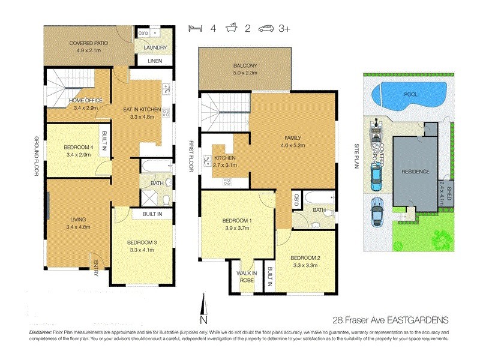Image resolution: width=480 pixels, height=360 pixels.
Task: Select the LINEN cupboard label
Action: click(x=155, y=61)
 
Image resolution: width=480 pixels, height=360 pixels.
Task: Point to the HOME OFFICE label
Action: click(x=86, y=100)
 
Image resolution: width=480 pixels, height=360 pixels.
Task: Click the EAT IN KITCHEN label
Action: click(x=142, y=109)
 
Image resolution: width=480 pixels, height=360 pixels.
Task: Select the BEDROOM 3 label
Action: click(x=142, y=242)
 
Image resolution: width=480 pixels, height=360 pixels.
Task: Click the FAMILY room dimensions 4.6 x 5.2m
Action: click(x=293, y=145)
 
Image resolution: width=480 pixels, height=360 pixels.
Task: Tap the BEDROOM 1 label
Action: click(x=237, y=220)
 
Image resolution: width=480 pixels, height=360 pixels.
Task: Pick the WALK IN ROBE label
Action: click(x=246, y=277)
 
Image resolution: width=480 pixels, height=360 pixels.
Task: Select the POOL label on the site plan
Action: click(x=411, y=95)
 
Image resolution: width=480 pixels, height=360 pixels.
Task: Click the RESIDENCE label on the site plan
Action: click(x=416, y=172)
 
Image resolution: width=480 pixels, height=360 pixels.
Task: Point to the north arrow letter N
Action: click(x=204, y=320)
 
